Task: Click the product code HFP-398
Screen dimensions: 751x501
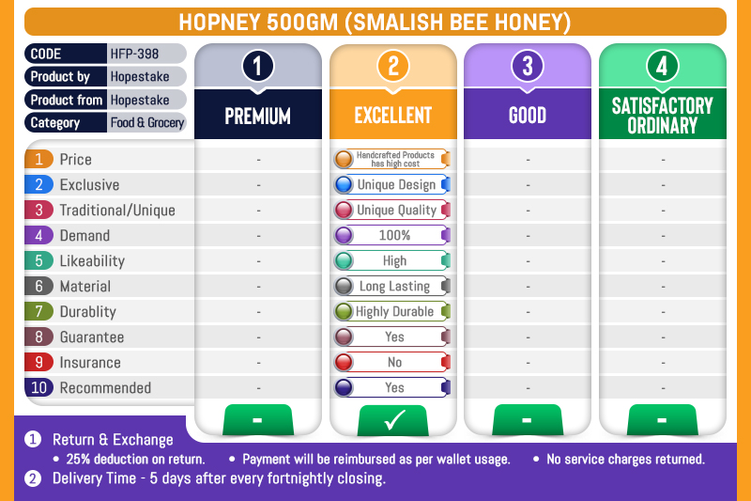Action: point(134,54)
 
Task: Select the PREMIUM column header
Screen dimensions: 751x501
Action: point(257,116)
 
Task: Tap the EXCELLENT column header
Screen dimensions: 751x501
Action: point(392,116)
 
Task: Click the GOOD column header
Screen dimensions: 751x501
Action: point(528,116)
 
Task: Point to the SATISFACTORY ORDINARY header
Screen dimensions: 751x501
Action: point(663,116)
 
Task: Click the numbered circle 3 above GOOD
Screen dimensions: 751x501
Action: point(528,66)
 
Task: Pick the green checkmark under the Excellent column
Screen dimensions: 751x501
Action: point(393,420)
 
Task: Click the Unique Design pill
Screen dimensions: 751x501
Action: point(392,184)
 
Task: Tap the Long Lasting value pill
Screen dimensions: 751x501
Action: point(392,286)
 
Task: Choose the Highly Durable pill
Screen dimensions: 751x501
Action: point(392,312)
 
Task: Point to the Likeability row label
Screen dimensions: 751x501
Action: point(92,260)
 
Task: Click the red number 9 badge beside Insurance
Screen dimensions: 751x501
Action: point(38,363)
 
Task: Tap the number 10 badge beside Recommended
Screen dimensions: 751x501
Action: point(38,387)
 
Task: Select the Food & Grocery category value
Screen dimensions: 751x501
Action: point(147,123)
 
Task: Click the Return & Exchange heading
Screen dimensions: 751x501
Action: point(113,440)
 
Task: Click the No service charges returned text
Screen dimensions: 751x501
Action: point(625,460)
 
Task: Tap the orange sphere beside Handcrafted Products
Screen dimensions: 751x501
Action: point(344,159)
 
